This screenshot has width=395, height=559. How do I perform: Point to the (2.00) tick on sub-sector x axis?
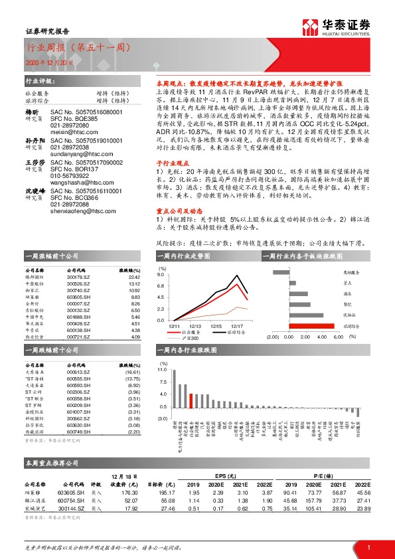click(271, 337)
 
